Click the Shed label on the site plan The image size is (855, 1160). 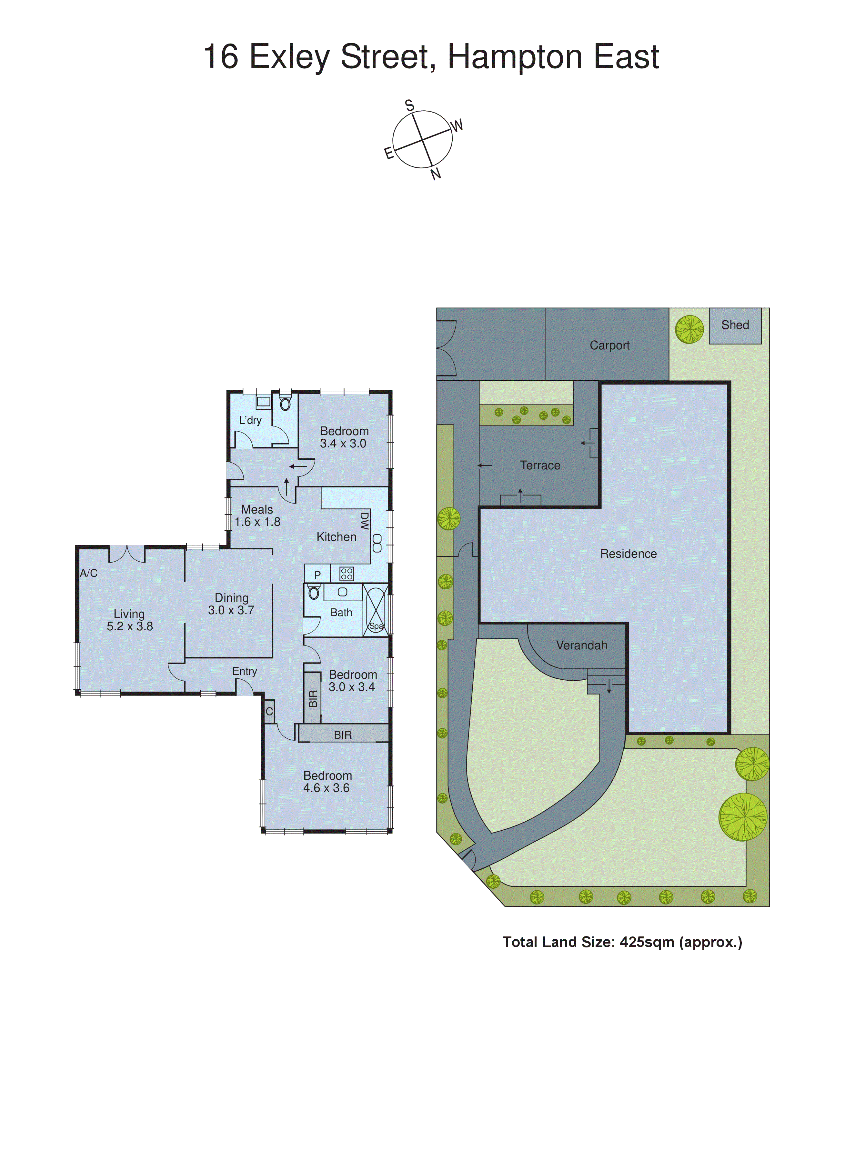[x=735, y=325]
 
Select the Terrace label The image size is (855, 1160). [x=540, y=465]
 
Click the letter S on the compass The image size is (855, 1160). [x=409, y=105]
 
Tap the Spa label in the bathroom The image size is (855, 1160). [x=376, y=626]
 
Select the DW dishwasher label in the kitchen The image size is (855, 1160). [x=364, y=521]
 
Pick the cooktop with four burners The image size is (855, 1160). [x=346, y=573]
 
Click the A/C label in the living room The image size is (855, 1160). [x=88, y=573]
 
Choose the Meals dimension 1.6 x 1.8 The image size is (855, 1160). [x=257, y=522]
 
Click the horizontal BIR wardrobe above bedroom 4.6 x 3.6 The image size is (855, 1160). [x=343, y=735]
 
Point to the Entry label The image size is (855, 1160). [x=244, y=671]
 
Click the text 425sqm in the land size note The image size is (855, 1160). [x=647, y=942]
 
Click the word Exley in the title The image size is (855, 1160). [x=289, y=57]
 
